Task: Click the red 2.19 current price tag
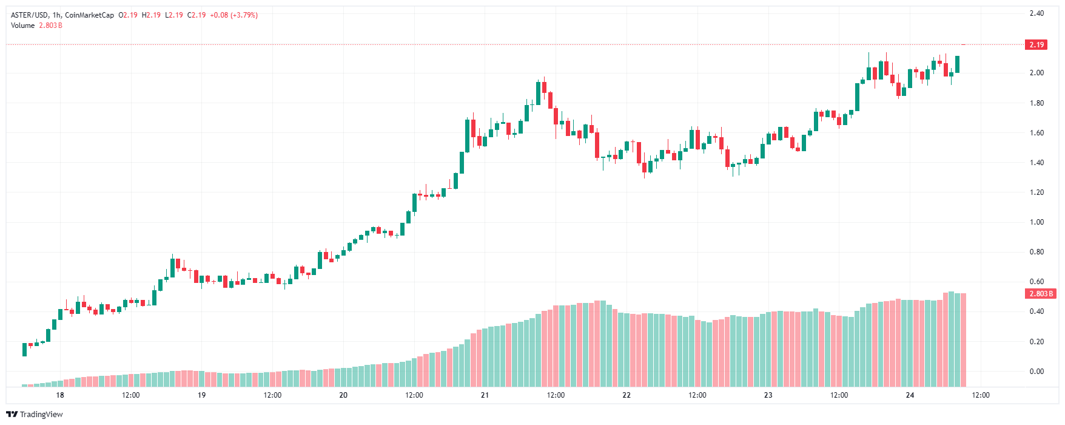pos(1036,45)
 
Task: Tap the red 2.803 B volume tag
pos(1041,294)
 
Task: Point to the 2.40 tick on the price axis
pos(1036,13)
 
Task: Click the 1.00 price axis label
pos(1036,222)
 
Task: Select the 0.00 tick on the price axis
pos(1036,372)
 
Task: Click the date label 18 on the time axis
pos(60,395)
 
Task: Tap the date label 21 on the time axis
pos(485,395)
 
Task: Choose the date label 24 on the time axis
pos(910,395)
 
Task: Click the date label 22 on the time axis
pos(627,395)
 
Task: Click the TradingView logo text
pos(41,415)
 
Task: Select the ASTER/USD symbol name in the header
pos(29,15)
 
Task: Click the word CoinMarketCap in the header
pos(89,15)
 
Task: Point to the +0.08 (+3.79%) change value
pos(233,15)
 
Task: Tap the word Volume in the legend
pos(22,25)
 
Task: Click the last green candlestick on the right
pos(957,64)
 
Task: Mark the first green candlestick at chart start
pos(24,349)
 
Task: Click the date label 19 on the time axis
pos(201,395)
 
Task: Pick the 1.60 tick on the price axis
pos(1036,133)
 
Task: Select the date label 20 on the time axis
pos(343,395)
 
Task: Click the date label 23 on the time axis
pos(768,395)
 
